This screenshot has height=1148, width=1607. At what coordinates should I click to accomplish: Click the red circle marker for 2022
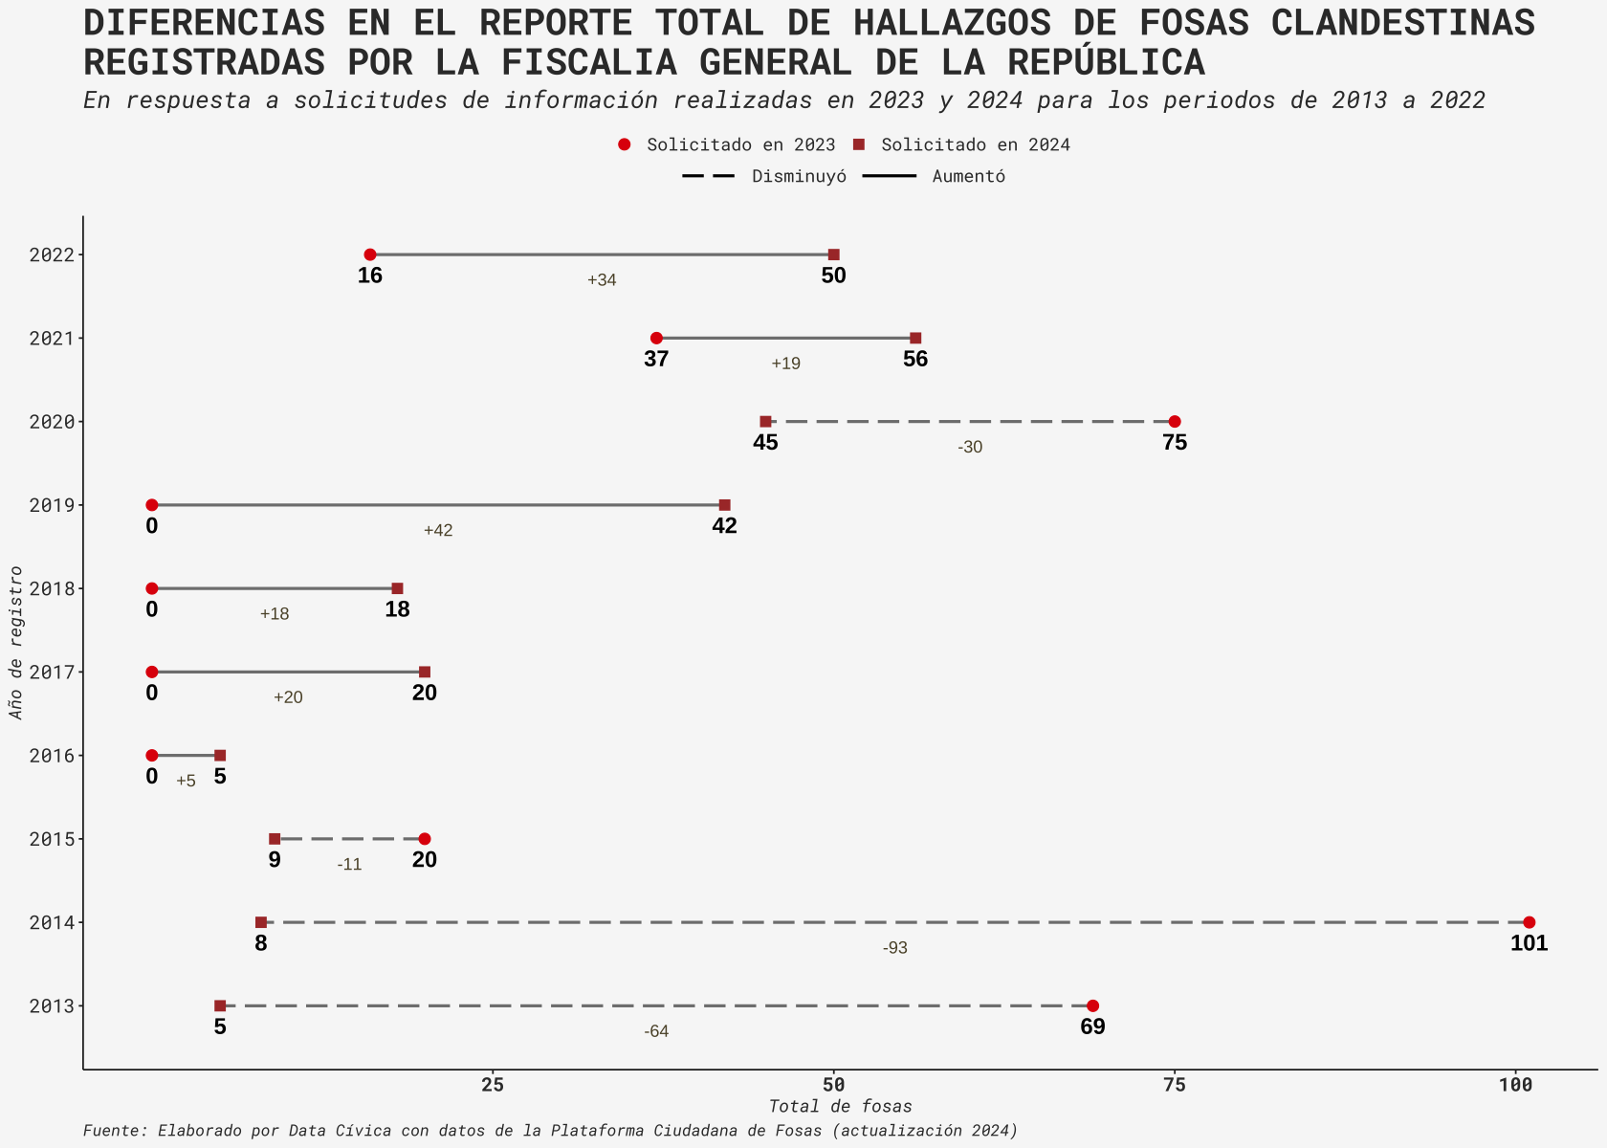tap(370, 254)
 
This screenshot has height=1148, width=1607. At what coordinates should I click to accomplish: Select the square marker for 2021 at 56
tap(915, 338)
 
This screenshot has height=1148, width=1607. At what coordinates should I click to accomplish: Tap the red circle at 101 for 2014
tap(1529, 922)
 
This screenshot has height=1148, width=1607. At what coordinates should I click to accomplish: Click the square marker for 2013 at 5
tap(220, 1005)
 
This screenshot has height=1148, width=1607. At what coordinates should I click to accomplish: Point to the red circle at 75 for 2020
tap(1175, 422)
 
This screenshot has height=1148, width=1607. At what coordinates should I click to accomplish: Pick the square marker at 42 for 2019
tap(724, 505)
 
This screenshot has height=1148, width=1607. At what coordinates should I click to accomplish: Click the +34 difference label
tap(602, 280)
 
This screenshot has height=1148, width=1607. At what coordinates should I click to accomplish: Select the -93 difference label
tap(895, 948)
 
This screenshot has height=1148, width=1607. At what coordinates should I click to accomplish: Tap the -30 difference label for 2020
tap(970, 447)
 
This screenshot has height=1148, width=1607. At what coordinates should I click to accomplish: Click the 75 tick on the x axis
tap(1175, 1084)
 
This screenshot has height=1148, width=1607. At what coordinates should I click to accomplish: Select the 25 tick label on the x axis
tap(493, 1084)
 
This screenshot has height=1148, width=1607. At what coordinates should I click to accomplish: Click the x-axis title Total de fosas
tap(840, 1106)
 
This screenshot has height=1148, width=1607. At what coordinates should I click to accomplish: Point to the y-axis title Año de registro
tap(15, 642)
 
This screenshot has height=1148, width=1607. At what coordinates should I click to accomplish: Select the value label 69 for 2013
tap(1092, 1027)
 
